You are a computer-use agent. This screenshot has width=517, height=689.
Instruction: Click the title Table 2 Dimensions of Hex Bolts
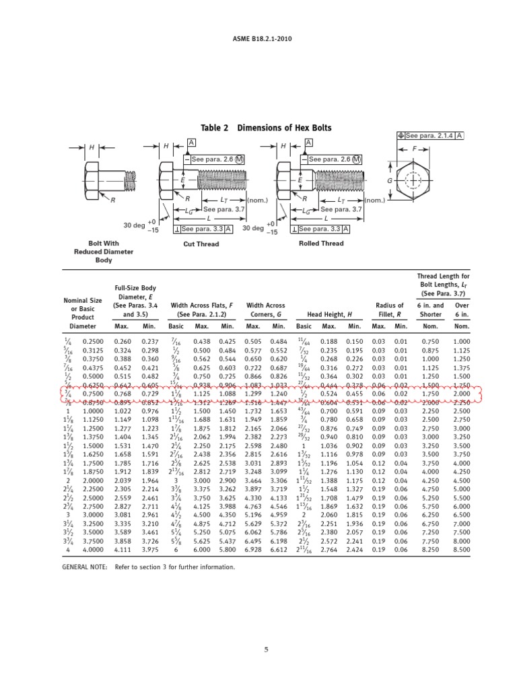pos(266,128)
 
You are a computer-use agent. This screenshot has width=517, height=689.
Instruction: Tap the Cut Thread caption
pos(201,244)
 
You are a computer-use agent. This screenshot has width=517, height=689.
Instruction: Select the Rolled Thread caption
pos(320,244)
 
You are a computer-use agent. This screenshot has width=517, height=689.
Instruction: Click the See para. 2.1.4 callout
pos(431,135)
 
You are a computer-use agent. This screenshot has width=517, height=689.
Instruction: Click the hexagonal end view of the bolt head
pos(413,182)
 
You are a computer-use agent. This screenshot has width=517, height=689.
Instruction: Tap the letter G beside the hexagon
pos(389,182)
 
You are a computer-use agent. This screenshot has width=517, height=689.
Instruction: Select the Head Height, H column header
pos(330,314)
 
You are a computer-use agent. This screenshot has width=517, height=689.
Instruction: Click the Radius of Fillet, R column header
pos(390,310)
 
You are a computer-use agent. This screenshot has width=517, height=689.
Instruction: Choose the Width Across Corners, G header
pos(266,310)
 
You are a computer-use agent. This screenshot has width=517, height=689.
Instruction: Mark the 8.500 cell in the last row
pos(461,550)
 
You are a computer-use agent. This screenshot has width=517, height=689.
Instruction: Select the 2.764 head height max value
pos(329,550)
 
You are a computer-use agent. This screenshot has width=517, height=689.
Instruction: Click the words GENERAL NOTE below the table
pos(84,567)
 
